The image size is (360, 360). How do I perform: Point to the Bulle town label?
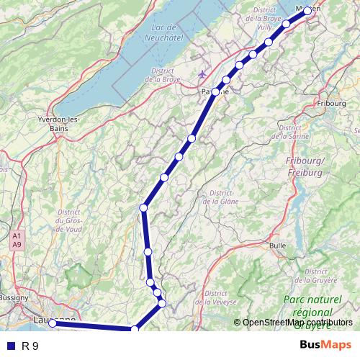pyautogui.click(x=277, y=246)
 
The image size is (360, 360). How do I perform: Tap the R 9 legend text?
pyautogui.click(x=30, y=346)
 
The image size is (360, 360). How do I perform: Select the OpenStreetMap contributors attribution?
pyautogui.click(x=297, y=323)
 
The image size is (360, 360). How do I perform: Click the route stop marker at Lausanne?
pyautogui.click(x=53, y=323)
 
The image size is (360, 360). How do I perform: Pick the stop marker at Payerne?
pyautogui.click(x=215, y=91)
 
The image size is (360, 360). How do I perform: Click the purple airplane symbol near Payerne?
pyautogui.click(x=202, y=74)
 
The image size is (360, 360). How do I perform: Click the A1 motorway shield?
pyautogui.click(x=15, y=235)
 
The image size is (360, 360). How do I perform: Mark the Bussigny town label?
pyautogui.click(x=13, y=297)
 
